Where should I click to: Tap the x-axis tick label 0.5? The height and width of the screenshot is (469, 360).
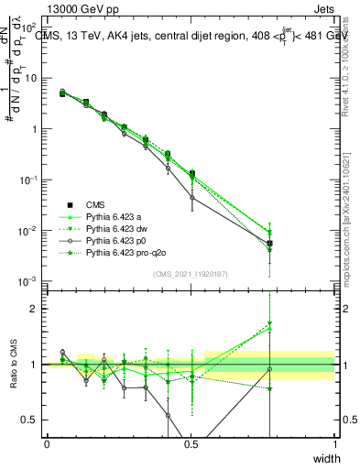click(x=191, y=444)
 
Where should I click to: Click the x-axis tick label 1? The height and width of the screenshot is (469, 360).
click(x=335, y=444)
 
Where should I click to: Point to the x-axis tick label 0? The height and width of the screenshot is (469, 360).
click(x=47, y=444)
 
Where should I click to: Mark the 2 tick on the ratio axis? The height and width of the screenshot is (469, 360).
click(x=37, y=310)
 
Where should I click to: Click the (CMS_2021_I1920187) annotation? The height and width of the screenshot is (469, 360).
click(x=191, y=273)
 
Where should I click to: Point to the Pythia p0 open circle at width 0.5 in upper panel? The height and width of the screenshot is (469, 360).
click(x=191, y=198)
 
